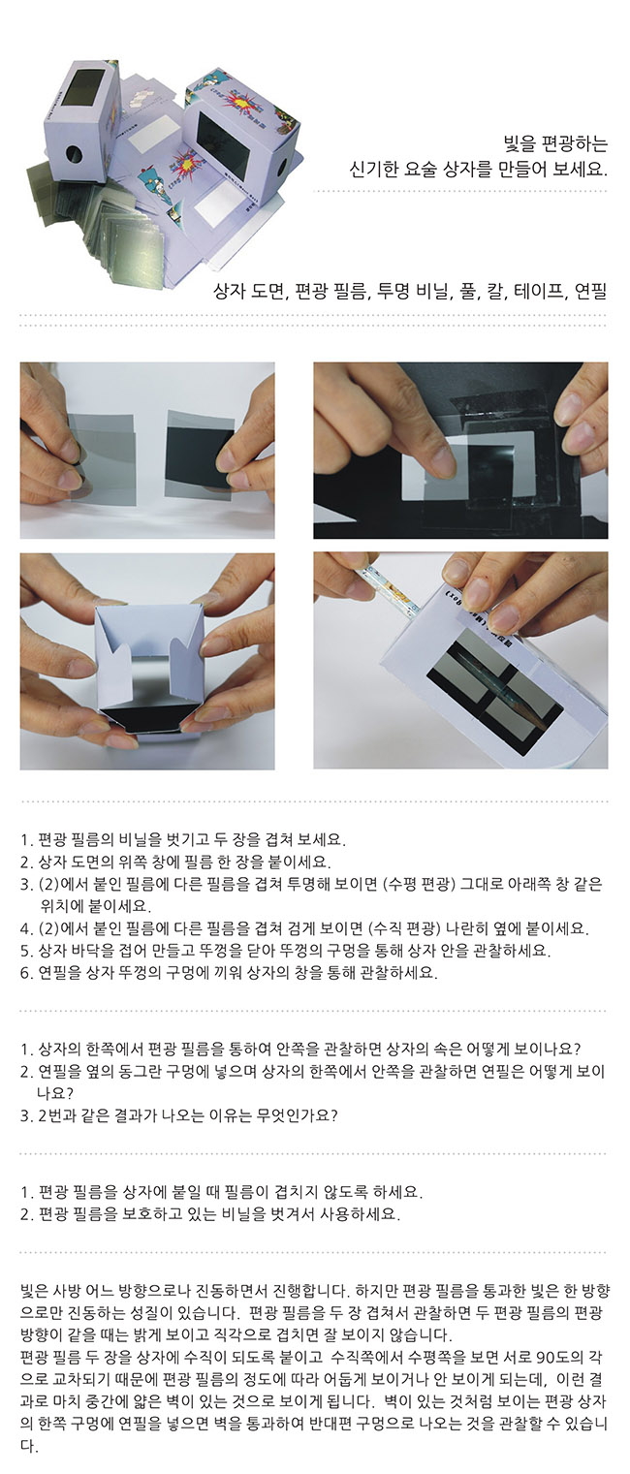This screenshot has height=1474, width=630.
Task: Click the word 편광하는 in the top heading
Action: (574, 143)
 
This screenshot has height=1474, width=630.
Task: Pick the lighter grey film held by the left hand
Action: (102, 457)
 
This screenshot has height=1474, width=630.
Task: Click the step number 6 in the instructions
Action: (25, 973)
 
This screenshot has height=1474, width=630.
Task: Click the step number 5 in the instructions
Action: (25, 951)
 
